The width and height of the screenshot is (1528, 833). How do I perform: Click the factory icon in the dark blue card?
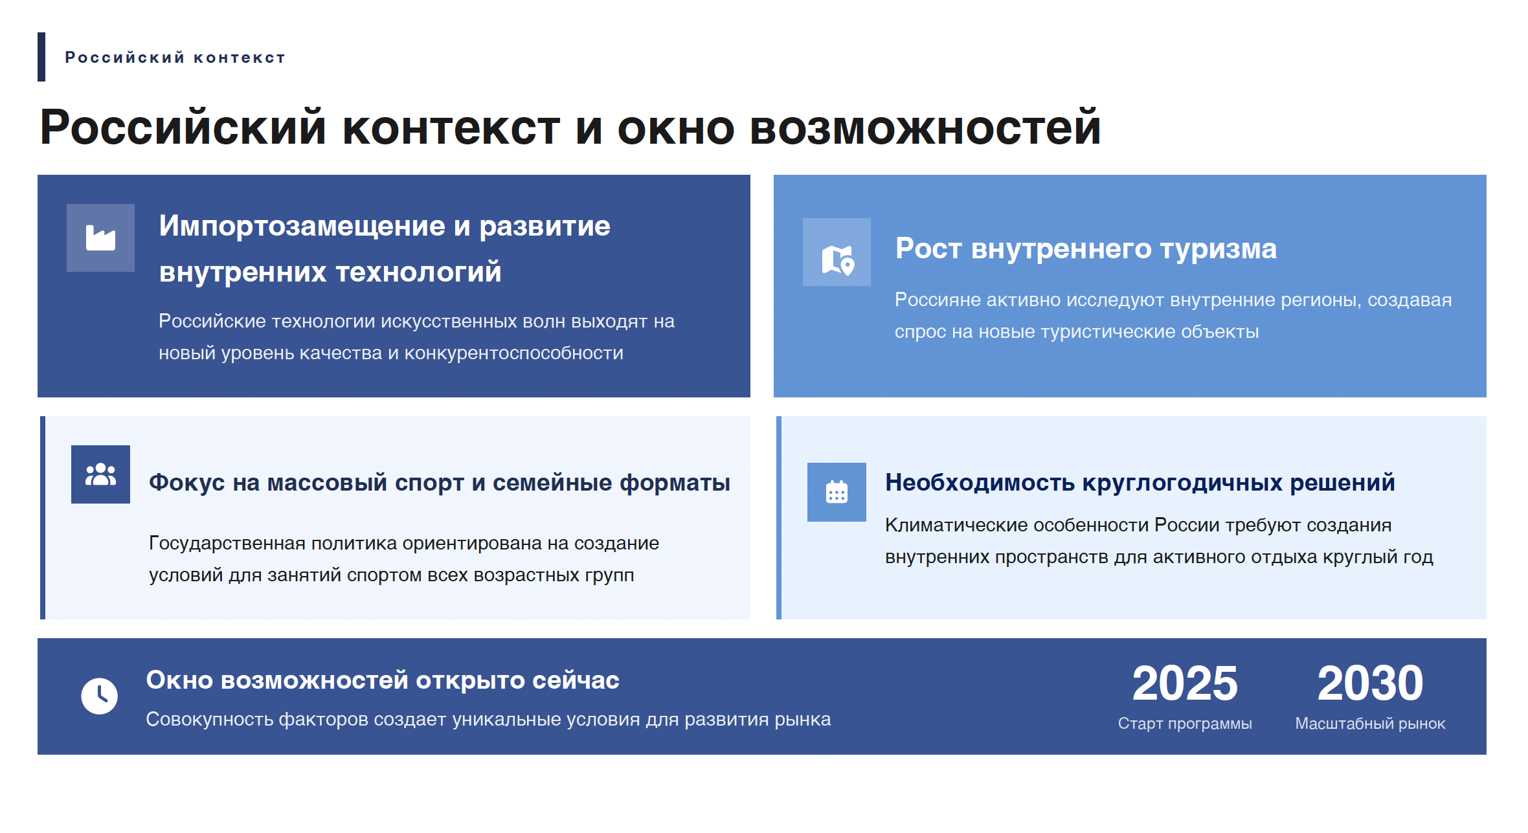[x=100, y=238]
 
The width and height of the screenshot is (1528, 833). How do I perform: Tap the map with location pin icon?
[x=838, y=260]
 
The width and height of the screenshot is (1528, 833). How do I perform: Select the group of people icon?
[x=100, y=474]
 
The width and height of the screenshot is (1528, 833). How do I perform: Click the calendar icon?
[x=837, y=492]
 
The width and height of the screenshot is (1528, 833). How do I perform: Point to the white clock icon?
[x=99, y=696]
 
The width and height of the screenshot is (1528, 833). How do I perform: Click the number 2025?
[x=1185, y=683]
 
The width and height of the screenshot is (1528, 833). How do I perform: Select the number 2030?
[x=1370, y=683]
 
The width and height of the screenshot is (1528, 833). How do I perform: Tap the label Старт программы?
[x=1185, y=724]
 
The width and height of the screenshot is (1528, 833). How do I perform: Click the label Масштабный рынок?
[x=1370, y=724]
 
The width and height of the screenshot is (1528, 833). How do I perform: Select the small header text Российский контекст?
[x=175, y=58]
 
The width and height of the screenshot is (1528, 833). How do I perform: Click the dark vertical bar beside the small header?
[x=41, y=57]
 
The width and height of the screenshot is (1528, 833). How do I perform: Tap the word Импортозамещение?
[x=302, y=227]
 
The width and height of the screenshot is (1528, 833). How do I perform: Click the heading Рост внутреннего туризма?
[x=1086, y=249]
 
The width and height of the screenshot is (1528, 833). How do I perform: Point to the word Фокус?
[x=187, y=483]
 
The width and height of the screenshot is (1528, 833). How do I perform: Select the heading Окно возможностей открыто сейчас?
[x=383, y=680]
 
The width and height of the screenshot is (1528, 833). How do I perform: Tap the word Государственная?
[x=227, y=544]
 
